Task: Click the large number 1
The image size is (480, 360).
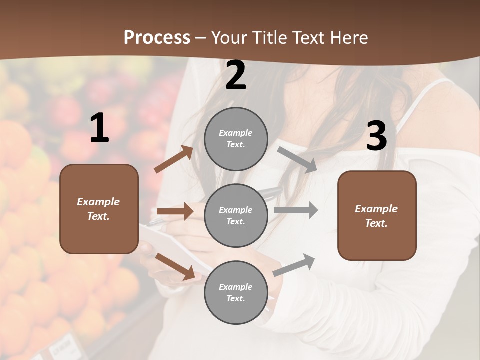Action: point(99,128)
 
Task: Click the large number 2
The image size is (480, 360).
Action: point(236,76)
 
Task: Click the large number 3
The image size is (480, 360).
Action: point(376,136)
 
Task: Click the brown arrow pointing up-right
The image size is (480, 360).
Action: point(174,159)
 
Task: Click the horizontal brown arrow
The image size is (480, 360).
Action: point(175,212)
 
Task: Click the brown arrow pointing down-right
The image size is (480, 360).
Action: point(175,266)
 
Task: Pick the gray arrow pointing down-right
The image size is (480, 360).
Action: point(297,159)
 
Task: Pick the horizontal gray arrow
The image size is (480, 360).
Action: point(296,210)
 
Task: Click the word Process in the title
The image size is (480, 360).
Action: point(157,37)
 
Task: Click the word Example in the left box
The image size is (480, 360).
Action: point(98,202)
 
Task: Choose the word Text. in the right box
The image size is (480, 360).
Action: point(376,223)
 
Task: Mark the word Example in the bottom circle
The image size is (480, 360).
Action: point(235,287)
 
